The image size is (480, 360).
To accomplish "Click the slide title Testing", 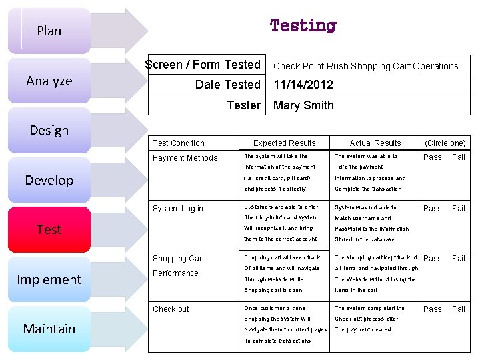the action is (x=303, y=26).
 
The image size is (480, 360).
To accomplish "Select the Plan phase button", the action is (x=49, y=31).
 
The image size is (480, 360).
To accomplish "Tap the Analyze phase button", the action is (x=49, y=81).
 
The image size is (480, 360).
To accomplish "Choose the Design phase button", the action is (x=49, y=130).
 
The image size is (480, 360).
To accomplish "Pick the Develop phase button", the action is (x=49, y=180).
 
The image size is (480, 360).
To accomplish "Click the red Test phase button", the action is (x=49, y=229).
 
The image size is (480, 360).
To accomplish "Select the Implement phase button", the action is (x=49, y=279).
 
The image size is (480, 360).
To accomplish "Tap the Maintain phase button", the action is (x=49, y=329).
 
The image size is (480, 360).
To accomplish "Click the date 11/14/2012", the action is (x=303, y=85).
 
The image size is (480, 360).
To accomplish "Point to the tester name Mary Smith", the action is (x=303, y=105).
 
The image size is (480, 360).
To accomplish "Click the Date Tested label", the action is (x=227, y=85).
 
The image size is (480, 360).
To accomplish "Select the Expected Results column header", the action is (x=285, y=143).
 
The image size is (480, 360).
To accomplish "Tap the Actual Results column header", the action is (x=375, y=143).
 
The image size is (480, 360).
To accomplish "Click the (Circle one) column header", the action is (x=445, y=143).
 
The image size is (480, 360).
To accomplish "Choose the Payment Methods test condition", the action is (x=185, y=158).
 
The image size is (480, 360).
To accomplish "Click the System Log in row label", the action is (x=178, y=209).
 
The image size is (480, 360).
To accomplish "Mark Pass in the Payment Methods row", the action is (x=433, y=157).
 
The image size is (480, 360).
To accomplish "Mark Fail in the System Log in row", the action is (x=459, y=209).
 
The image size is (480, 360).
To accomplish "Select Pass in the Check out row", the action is (x=433, y=309).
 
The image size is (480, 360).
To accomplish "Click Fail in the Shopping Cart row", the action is (x=459, y=259).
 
